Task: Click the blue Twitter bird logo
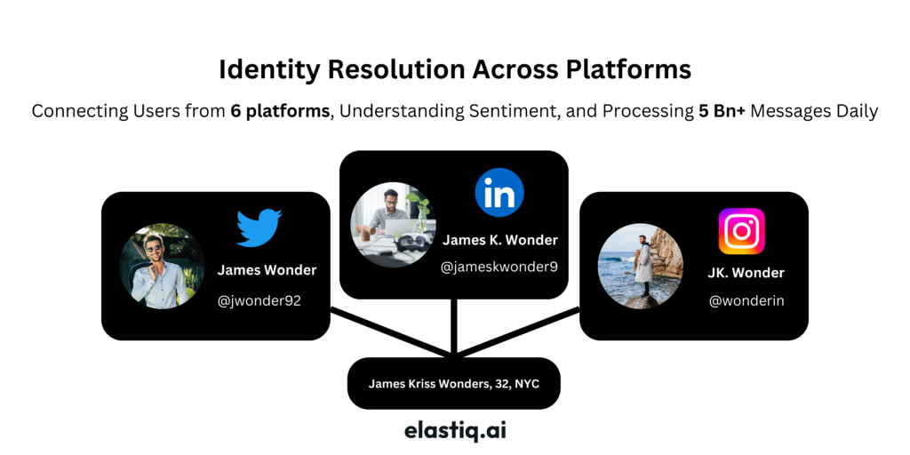259,228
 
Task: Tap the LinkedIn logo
499,193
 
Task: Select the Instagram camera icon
742,231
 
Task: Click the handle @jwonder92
259,301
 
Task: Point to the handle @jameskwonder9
499,267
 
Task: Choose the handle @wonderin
746,300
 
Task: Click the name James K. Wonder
500,240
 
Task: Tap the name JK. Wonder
746,273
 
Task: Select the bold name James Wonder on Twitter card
267,270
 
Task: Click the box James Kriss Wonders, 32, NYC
454,384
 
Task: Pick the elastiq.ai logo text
455,431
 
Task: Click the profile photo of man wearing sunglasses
162,266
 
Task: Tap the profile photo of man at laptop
393,225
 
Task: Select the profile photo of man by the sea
640,266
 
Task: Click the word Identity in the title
269,69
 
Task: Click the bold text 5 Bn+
722,110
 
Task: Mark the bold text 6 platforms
280,111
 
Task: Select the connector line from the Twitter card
391,332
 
